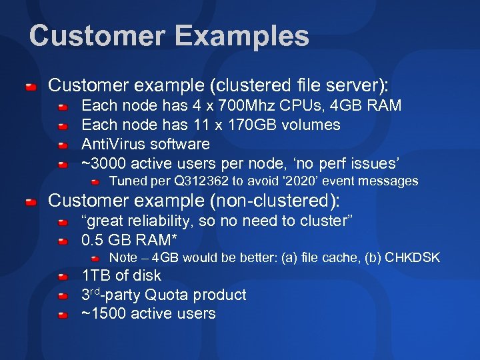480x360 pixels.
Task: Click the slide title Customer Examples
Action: point(169,36)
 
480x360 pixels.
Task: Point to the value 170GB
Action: point(227,125)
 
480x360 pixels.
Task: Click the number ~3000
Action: point(104,163)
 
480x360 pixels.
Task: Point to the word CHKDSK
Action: point(413,258)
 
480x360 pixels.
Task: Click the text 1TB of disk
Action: point(121,275)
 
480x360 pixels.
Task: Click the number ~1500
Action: point(104,314)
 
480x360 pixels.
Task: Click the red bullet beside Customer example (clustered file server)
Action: point(31,87)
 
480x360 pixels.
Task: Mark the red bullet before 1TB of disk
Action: point(63,277)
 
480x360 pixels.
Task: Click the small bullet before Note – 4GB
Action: point(96,259)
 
